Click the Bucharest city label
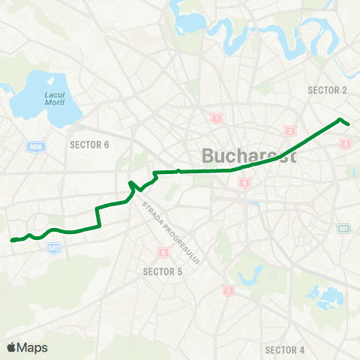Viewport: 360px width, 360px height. click(x=249, y=157)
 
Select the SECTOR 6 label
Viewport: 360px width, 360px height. click(x=89, y=144)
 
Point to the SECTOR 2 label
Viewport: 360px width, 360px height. click(x=328, y=90)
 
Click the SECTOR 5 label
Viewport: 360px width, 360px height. click(x=163, y=271)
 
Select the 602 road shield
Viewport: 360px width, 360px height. click(x=53, y=247)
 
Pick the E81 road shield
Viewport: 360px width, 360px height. click(x=344, y=229)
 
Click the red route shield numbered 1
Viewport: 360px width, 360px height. click(x=217, y=118)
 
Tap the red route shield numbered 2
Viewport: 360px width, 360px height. click(x=289, y=131)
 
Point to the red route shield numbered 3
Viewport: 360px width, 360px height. click(x=345, y=143)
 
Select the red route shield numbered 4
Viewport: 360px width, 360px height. click(x=244, y=183)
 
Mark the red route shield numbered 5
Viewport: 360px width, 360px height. click(x=228, y=290)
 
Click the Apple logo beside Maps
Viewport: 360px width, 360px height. click(x=10, y=347)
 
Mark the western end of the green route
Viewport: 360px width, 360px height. click(x=12, y=240)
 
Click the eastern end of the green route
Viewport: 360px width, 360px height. click(x=348, y=124)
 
